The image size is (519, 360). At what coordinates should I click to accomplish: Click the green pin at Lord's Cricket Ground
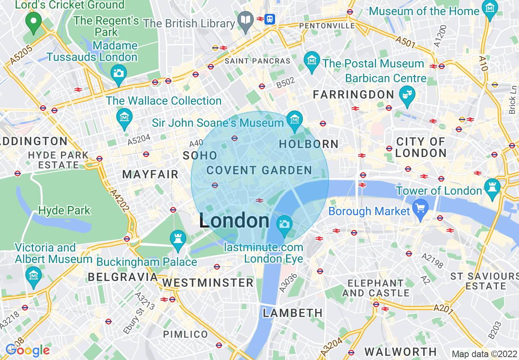33,21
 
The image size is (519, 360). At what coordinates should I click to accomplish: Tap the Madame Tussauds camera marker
119,74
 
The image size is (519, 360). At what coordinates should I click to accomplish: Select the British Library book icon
246,20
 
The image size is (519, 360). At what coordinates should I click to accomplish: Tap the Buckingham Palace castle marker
178,239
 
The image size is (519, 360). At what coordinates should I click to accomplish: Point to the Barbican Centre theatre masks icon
407,94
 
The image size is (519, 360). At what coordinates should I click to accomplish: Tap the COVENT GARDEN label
259,170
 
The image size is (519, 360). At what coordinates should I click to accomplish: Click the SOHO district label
200,155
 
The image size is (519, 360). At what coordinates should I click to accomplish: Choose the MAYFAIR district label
150,175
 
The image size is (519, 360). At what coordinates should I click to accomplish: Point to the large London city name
234,221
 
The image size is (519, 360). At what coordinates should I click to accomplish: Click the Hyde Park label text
64,211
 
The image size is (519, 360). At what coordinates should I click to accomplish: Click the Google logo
27,350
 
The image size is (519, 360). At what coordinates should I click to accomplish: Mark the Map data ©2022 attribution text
484,354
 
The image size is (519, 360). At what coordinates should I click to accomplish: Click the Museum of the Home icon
490,9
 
